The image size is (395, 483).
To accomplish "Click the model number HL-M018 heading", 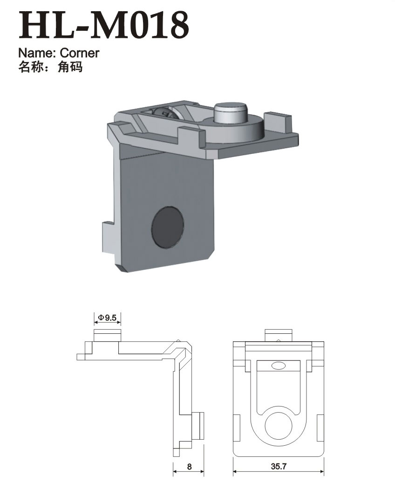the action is (103, 25).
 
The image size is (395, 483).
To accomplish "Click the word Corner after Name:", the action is (80, 53).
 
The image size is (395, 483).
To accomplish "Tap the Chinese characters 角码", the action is (70, 67).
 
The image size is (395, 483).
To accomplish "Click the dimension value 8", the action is (189, 467).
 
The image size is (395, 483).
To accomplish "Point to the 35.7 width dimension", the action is (279, 466).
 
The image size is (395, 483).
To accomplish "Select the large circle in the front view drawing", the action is (279, 426).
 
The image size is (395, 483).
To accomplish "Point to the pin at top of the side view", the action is (108, 335).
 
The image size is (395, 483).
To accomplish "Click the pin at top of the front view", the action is (278, 335).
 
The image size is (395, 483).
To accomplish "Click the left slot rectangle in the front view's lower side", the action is (238, 428).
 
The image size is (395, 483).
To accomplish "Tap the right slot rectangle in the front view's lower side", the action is (320, 428).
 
